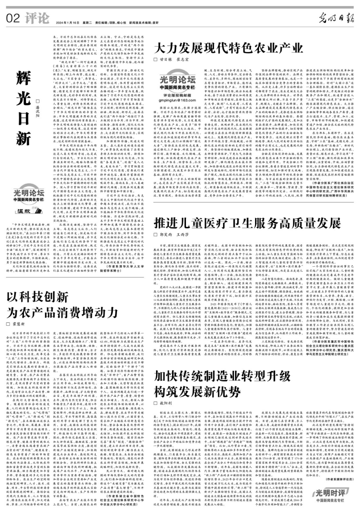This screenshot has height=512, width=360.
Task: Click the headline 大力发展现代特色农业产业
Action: [218, 49]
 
